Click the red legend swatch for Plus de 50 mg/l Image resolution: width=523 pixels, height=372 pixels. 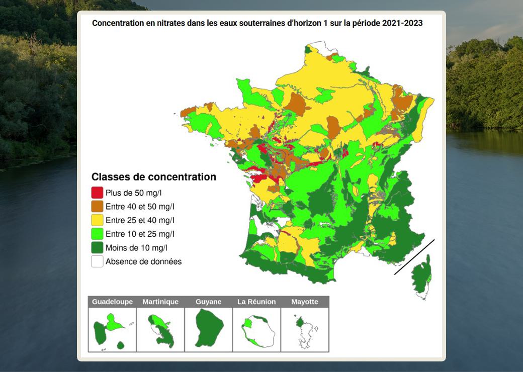tap(97, 193)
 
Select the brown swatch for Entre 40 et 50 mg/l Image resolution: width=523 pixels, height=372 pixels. tap(97, 206)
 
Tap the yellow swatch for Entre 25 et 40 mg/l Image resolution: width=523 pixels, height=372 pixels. tap(97, 220)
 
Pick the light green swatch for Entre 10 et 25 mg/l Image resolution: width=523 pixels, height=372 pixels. tap(97, 234)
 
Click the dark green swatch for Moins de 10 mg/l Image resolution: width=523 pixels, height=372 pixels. tap(97, 248)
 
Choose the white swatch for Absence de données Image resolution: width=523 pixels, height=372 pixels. tap(97, 261)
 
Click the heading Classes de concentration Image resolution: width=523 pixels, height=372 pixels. tap(153, 177)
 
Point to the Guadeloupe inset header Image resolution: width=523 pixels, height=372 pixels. tap(112, 302)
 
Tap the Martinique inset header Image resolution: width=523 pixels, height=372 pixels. tap(160, 302)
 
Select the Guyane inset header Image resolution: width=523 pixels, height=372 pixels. tap(208, 302)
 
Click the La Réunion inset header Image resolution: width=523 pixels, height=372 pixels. tap(256, 302)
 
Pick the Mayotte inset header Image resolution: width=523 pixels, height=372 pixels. tap(305, 302)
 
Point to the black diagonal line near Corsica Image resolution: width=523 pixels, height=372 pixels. tap(414, 257)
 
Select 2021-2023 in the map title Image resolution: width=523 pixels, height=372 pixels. tap(402, 23)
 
